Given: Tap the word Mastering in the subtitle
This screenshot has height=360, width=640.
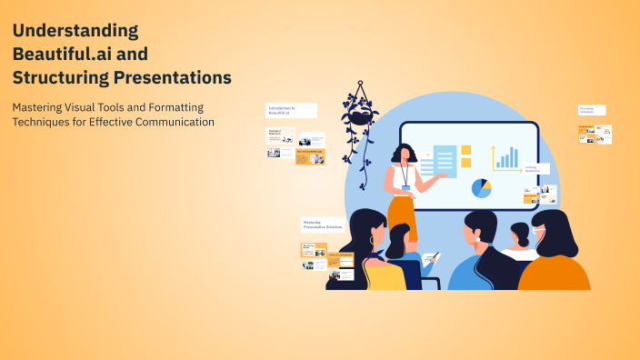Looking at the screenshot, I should (41, 107).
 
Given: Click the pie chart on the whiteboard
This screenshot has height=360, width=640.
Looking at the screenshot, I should (481, 188).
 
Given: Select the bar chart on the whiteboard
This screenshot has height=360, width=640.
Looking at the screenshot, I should (505, 157).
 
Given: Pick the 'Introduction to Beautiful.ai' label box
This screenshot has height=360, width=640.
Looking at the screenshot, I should (291, 110).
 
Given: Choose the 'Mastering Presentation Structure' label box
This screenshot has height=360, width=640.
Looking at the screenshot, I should (323, 225).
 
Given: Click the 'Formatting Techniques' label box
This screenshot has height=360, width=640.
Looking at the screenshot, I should (591, 110).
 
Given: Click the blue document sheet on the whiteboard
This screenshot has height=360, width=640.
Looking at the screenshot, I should (445, 162).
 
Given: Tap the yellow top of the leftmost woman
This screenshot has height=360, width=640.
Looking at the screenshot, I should (383, 275).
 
